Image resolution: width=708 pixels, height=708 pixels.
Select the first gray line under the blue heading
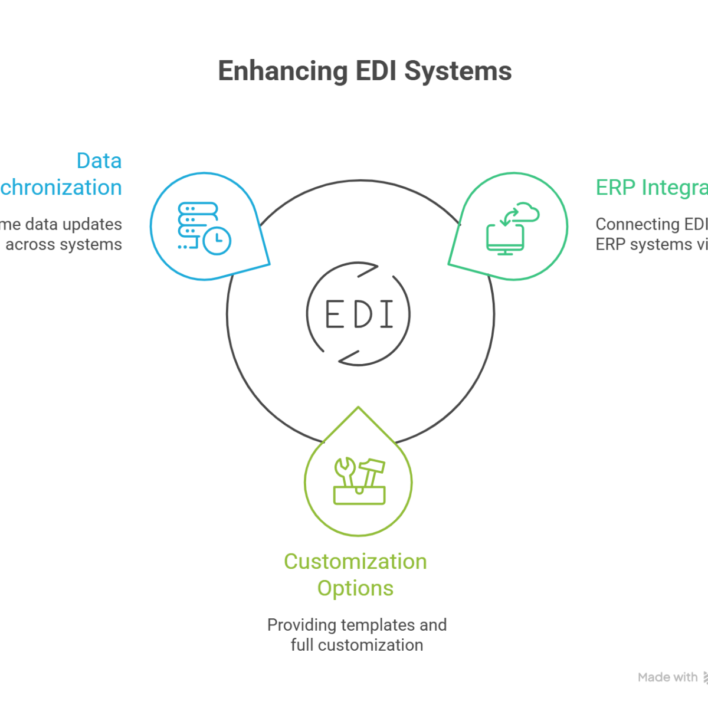[x=61, y=225]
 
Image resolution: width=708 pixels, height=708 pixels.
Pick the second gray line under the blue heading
[x=61, y=242]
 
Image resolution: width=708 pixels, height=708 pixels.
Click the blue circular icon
[x=204, y=227]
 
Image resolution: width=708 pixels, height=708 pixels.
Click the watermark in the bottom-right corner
[x=673, y=681]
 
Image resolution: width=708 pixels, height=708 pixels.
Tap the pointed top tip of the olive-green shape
[x=357, y=407]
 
